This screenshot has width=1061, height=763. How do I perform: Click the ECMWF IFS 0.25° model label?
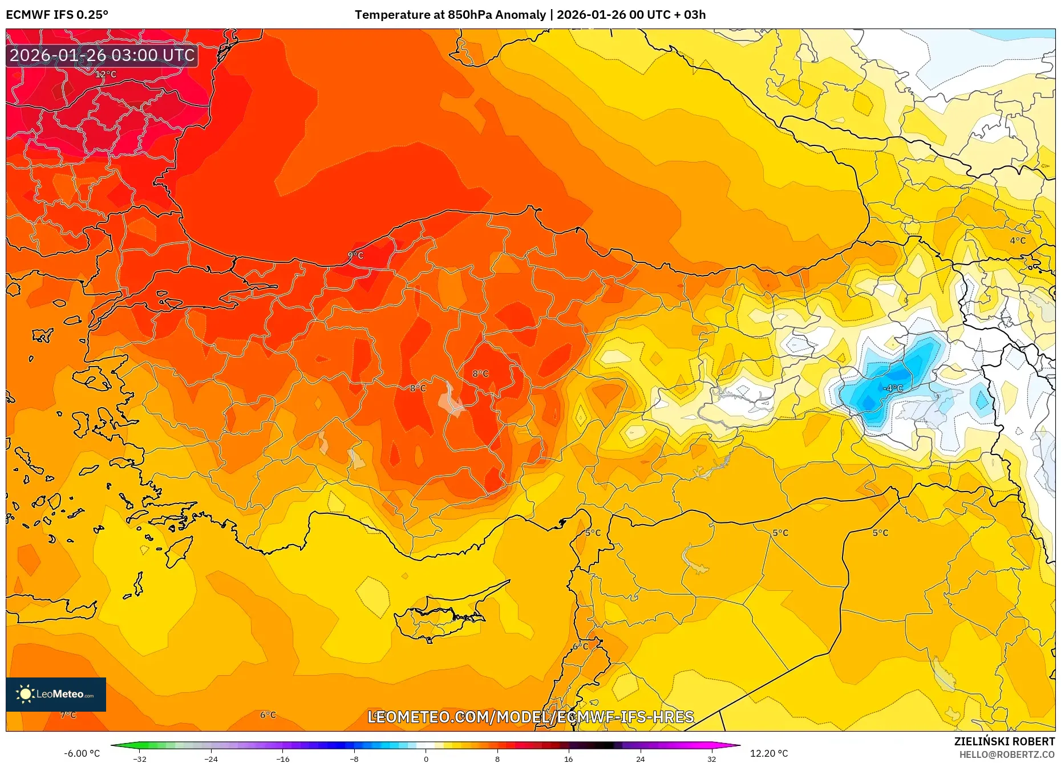click(x=57, y=15)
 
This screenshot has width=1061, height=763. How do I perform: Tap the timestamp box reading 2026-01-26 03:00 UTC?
click(x=102, y=55)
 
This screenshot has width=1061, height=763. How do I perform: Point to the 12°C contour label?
click(x=106, y=74)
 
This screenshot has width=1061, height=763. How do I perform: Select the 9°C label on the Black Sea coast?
click(x=355, y=255)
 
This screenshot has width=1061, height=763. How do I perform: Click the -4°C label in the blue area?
click(x=893, y=388)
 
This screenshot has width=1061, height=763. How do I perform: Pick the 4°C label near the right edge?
click(x=1018, y=241)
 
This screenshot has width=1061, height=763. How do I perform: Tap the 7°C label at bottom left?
click(x=68, y=715)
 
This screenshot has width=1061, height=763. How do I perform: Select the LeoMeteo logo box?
click(x=56, y=694)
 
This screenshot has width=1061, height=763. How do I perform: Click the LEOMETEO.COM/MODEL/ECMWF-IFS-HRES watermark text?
click(x=530, y=717)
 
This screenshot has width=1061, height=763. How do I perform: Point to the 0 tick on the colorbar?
click(x=426, y=758)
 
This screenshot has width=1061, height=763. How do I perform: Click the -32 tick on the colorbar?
click(x=140, y=758)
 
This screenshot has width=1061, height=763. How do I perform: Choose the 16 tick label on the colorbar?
click(x=568, y=758)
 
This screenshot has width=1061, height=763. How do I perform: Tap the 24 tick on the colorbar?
click(x=640, y=758)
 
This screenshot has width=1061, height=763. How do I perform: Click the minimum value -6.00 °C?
click(x=82, y=753)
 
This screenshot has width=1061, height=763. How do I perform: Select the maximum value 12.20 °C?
click(x=768, y=753)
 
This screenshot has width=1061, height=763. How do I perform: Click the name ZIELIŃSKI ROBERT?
click(x=1004, y=741)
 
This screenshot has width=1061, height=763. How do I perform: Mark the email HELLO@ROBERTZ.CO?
click(x=1006, y=754)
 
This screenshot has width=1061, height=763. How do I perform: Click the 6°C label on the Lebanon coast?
click(x=580, y=646)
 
